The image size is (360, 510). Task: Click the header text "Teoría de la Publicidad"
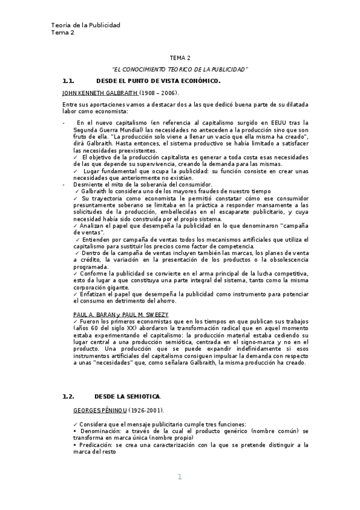(85, 25)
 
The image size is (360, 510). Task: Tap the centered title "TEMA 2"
(180, 58)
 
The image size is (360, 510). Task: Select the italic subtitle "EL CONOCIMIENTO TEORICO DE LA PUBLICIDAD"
(180, 70)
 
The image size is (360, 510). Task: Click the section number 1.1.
(68, 81)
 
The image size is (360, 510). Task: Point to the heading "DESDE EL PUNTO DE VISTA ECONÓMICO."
(158, 81)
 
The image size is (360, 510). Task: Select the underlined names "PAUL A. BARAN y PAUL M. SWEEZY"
(120, 315)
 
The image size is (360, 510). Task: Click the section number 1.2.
(68, 396)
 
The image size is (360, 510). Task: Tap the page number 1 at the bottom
(179, 477)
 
